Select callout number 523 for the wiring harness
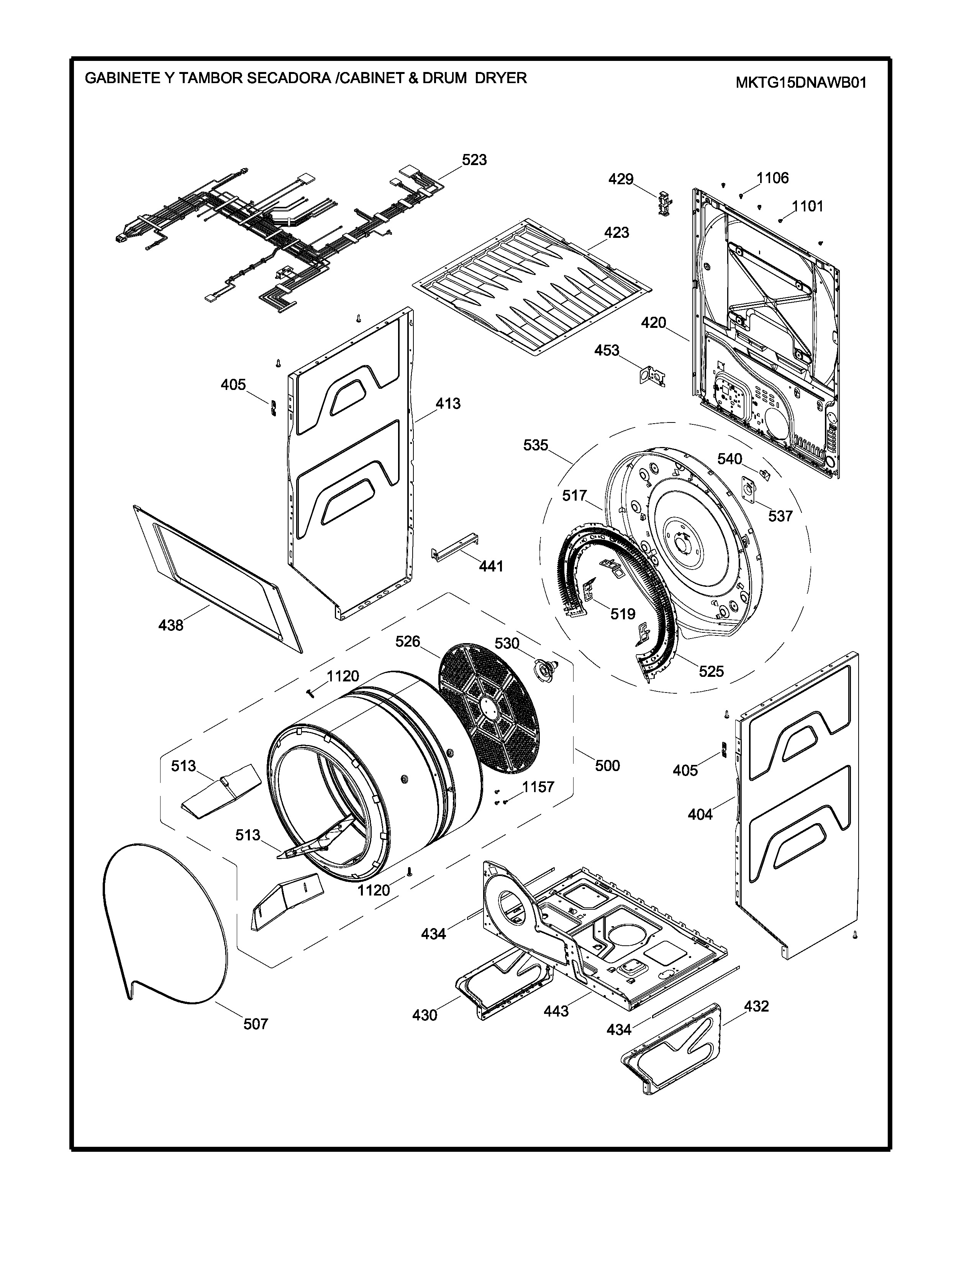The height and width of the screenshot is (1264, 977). pyautogui.click(x=474, y=160)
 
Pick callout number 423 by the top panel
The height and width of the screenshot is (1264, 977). pyautogui.click(x=616, y=232)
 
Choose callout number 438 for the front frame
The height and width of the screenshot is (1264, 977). pyautogui.click(x=171, y=625)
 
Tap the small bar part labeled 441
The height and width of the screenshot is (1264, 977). pyautogui.click(x=456, y=546)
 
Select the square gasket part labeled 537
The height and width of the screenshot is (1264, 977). pyautogui.click(x=750, y=490)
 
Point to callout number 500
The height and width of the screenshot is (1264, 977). pyautogui.click(x=607, y=766)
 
